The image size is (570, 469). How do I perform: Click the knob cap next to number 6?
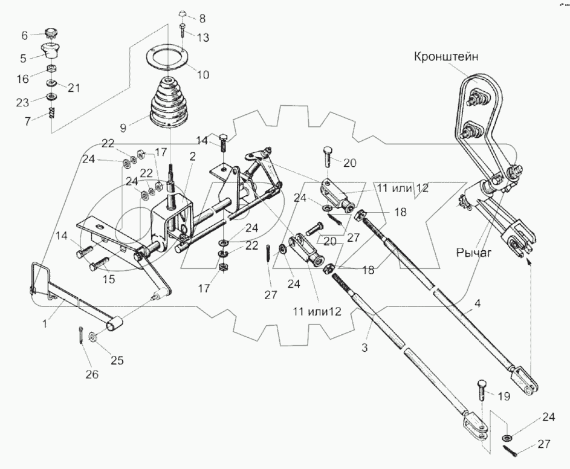pyautogui.click(x=51, y=33)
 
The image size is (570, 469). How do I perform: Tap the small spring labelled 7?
pyautogui.click(x=51, y=112)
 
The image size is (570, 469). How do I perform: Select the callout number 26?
pyautogui.click(x=91, y=374)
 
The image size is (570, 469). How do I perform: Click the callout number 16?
pyautogui.click(x=22, y=79)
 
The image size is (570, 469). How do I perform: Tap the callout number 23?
pyautogui.click(x=22, y=102)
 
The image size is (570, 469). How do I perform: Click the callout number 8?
pyautogui.click(x=202, y=19)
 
